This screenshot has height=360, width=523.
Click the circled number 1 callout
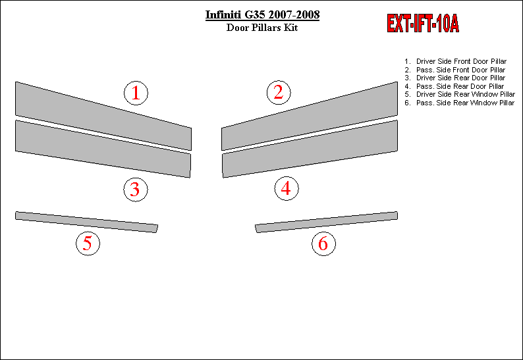(136, 93)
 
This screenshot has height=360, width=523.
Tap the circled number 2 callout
(279, 92)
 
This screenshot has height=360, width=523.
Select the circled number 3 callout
(136, 190)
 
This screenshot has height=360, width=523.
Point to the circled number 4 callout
(286, 188)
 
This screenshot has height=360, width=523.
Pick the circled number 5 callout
(88, 244)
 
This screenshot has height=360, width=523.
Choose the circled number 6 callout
(323, 244)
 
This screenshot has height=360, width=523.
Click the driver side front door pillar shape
(103, 116)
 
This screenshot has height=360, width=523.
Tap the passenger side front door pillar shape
(310, 116)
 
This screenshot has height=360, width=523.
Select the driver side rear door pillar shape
(103, 149)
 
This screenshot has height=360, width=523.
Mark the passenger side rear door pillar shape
(310, 149)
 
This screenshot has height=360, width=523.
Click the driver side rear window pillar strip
(86, 222)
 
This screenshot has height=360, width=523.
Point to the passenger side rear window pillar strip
(326, 222)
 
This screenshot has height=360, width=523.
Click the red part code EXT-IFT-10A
(423, 23)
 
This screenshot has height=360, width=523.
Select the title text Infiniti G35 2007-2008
(262, 15)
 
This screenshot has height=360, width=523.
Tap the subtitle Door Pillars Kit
(262, 28)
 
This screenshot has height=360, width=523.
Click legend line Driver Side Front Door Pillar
(456, 61)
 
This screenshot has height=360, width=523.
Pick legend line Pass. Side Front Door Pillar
(455, 70)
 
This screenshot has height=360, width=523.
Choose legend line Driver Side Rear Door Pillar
(455, 78)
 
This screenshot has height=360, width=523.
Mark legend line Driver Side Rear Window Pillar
(460, 94)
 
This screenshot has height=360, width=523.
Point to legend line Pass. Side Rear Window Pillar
(460, 103)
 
